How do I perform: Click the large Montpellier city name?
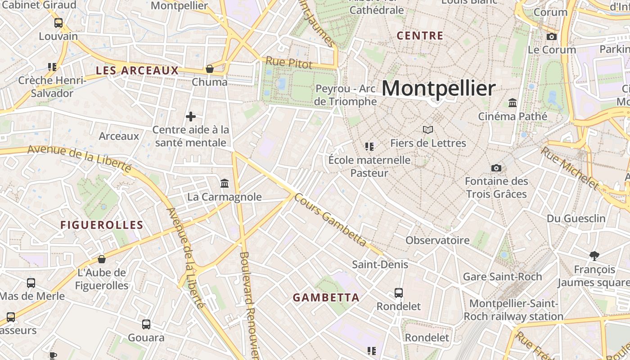point(439,88)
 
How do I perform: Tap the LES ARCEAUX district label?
point(137,71)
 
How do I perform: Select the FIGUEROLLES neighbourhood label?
point(102,225)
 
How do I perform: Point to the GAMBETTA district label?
point(326,297)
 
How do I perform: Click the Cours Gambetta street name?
point(331,220)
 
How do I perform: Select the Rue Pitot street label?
point(288,63)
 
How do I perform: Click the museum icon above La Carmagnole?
point(224,183)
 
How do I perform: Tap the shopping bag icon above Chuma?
point(209,69)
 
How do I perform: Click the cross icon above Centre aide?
point(191,117)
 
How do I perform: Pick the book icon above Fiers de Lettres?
point(428,130)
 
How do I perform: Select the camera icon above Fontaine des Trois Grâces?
point(496,168)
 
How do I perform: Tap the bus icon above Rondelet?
point(399,293)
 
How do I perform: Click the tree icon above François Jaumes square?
point(594,256)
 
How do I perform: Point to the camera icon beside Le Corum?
point(551,37)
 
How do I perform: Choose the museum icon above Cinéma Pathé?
point(512,103)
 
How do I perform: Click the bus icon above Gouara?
point(146,324)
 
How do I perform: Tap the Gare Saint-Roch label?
point(502,276)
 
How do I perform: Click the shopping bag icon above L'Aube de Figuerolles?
point(102,259)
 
